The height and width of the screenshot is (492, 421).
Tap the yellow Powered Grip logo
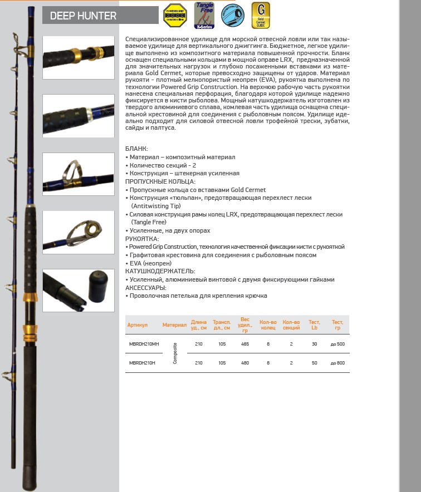click(174, 15)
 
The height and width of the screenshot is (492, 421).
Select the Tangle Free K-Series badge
click(203, 15)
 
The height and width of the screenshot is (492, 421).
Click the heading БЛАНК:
click(137, 149)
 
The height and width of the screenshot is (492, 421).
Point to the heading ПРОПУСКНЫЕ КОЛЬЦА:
click(160, 181)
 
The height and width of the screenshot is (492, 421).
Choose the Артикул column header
click(138, 324)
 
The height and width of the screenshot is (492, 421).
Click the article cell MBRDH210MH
click(144, 344)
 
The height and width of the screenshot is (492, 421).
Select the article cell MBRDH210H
click(142, 363)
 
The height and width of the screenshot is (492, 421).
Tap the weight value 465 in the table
click(245, 344)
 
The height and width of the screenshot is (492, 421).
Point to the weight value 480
click(245, 363)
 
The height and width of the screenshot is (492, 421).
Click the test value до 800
click(337, 363)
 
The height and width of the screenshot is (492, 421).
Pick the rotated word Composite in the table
click(175, 353)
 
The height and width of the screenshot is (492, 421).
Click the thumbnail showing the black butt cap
click(79, 289)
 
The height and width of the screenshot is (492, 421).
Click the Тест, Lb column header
click(314, 324)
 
